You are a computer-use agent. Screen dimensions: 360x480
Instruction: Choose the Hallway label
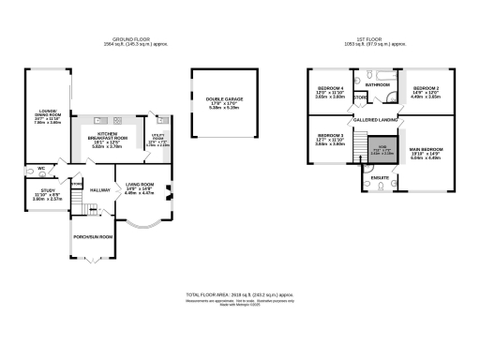click(99, 189)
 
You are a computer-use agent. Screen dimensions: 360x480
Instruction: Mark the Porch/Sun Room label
click(93, 237)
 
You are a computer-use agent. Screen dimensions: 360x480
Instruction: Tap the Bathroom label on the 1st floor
click(378, 84)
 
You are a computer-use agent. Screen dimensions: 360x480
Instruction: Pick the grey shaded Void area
click(382, 150)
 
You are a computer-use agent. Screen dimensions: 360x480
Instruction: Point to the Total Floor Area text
click(239, 294)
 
